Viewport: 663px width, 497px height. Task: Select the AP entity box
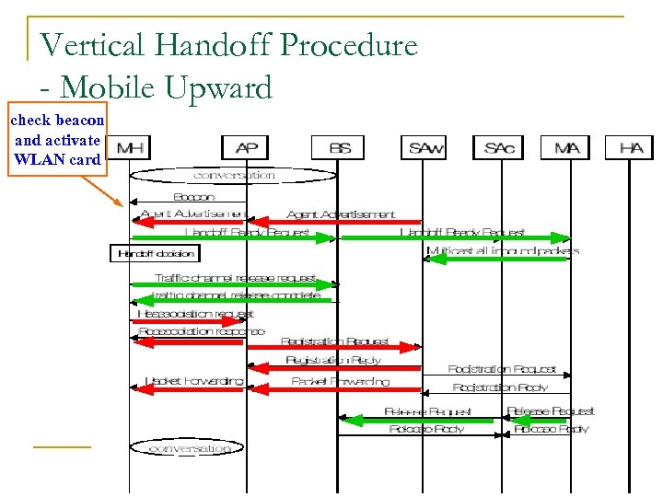point(246,147)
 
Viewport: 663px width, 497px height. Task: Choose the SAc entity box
point(498,147)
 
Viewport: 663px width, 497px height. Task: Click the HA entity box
point(631,147)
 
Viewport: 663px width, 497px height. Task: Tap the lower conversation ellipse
point(187,448)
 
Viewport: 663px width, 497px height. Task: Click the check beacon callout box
point(56,140)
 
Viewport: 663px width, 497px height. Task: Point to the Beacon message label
point(193,197)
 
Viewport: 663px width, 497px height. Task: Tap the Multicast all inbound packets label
point(503,250)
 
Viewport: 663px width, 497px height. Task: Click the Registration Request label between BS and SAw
point(334,341)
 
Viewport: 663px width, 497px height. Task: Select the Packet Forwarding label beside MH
point(193,381)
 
